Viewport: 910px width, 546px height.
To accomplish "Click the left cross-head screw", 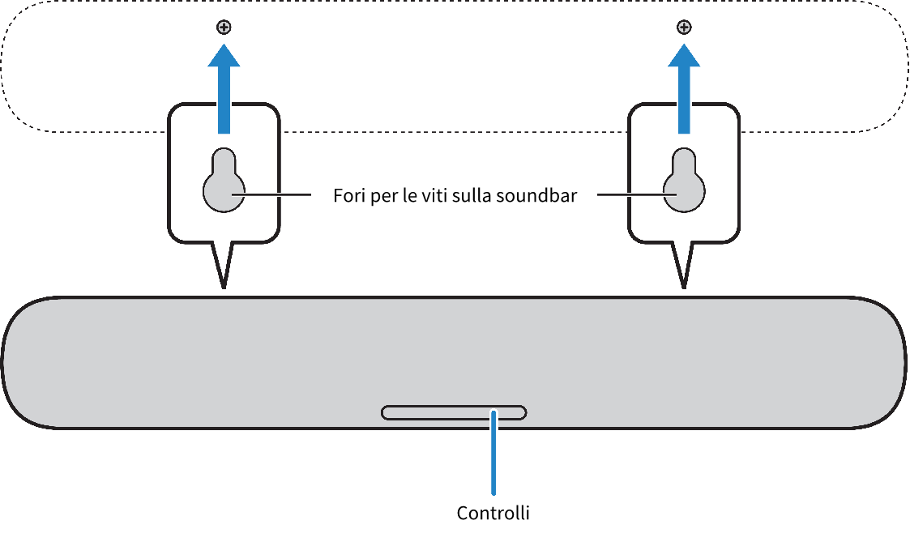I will pos(224,28).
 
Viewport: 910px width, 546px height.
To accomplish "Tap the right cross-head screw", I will pos(684,28).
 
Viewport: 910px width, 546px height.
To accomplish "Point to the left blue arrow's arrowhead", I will pos(224,57).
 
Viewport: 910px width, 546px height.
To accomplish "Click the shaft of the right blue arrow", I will pos(685,101).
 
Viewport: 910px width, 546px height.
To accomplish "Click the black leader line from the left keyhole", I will pos(276,194).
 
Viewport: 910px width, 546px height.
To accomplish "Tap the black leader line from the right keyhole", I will pos(632,194).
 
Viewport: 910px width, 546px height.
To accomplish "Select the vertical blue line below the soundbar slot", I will pos(493,454).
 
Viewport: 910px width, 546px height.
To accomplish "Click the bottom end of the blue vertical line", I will pos(493,493).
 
